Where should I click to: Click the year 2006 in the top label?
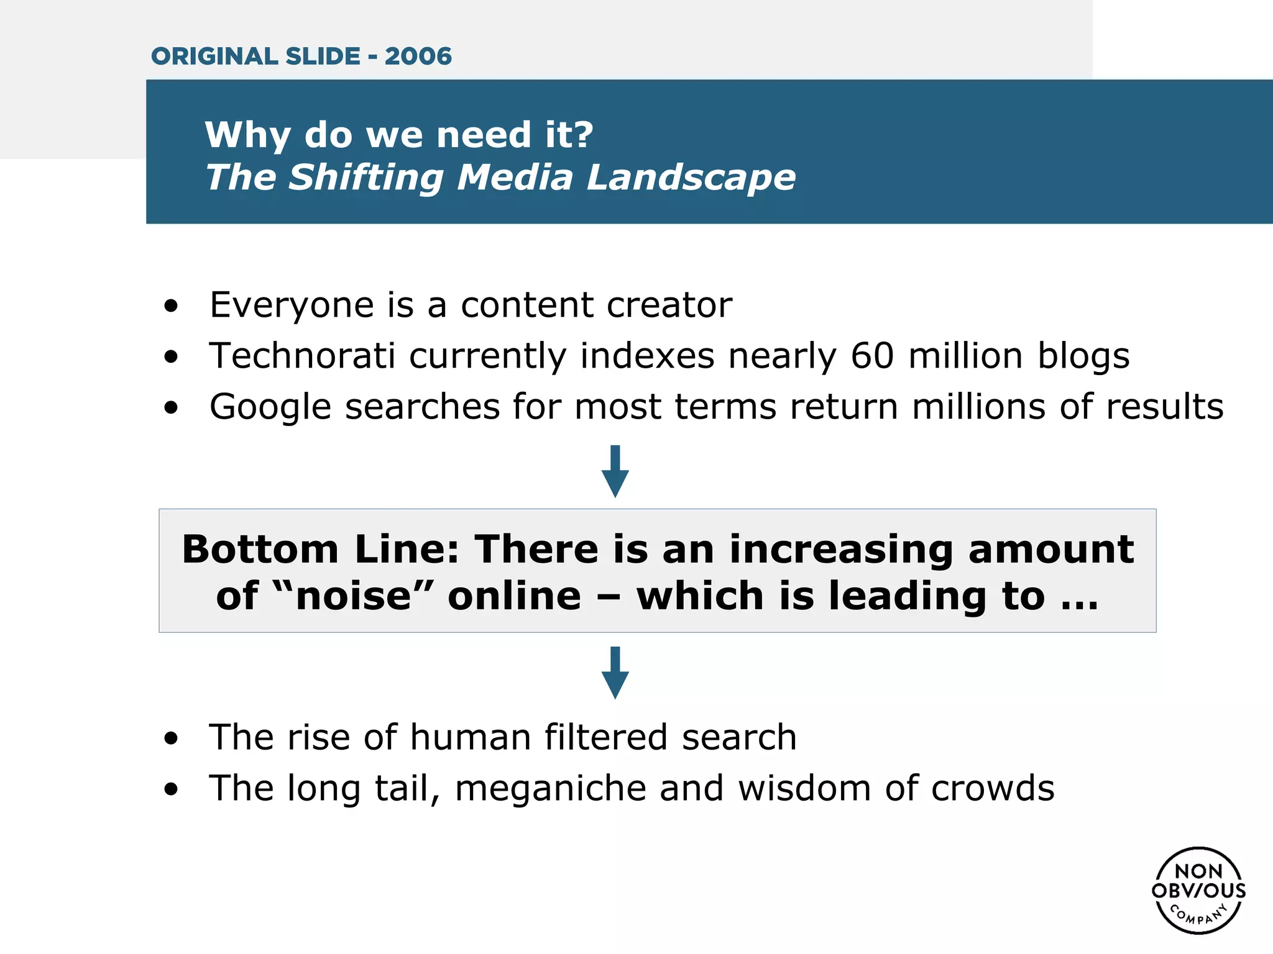[x=418, y=57]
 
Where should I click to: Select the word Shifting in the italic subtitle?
[x=366, y=178]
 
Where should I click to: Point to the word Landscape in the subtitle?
[x=691, y=178]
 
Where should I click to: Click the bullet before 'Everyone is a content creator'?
[x=171, y=306]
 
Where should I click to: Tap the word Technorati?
[x=302, y=356]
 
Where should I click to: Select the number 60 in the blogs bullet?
[x=872, y=356]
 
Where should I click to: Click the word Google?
[x=270, y=407]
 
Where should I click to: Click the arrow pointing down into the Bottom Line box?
[x=615, y=471]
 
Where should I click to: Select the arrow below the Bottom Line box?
[x=615, y=673]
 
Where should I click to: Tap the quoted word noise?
[x=354, y=596]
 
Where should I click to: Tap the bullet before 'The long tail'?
[x=171, y=789]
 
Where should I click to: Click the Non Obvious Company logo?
[x=1198, y=890]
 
